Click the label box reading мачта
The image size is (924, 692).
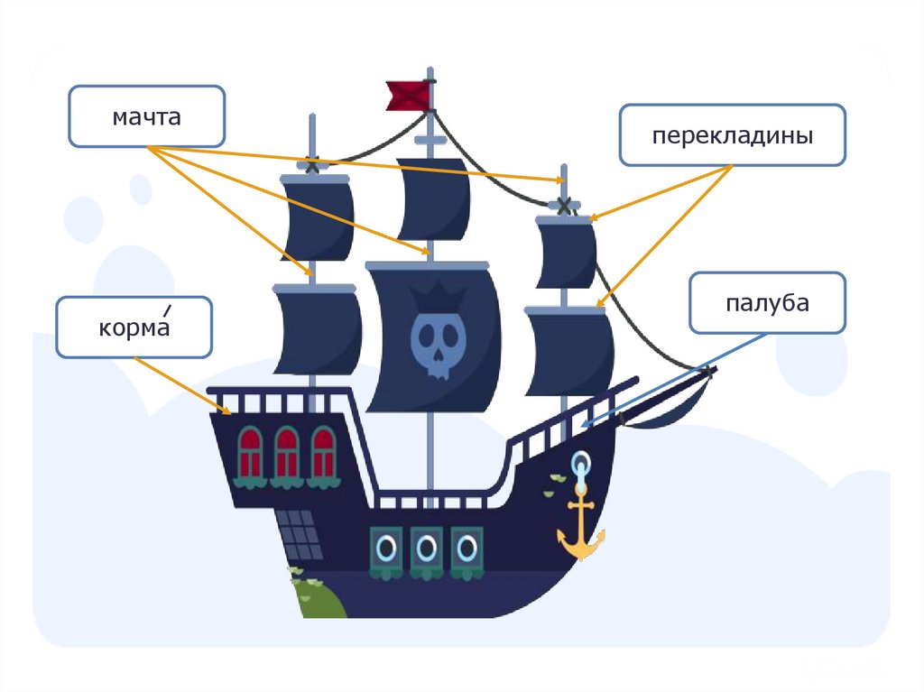click(146, 116)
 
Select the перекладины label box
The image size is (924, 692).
click(732, 135)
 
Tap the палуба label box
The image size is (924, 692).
click(767, 303)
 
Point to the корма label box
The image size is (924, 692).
click(134, 326)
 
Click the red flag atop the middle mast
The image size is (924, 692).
click(408, 95)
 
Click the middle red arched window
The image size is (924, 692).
click(286, 452)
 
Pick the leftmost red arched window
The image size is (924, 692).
click(250, 452)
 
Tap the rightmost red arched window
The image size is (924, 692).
click(323, 452)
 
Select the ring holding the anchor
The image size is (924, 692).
click(579, 466)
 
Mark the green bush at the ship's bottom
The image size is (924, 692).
click(315, 597)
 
